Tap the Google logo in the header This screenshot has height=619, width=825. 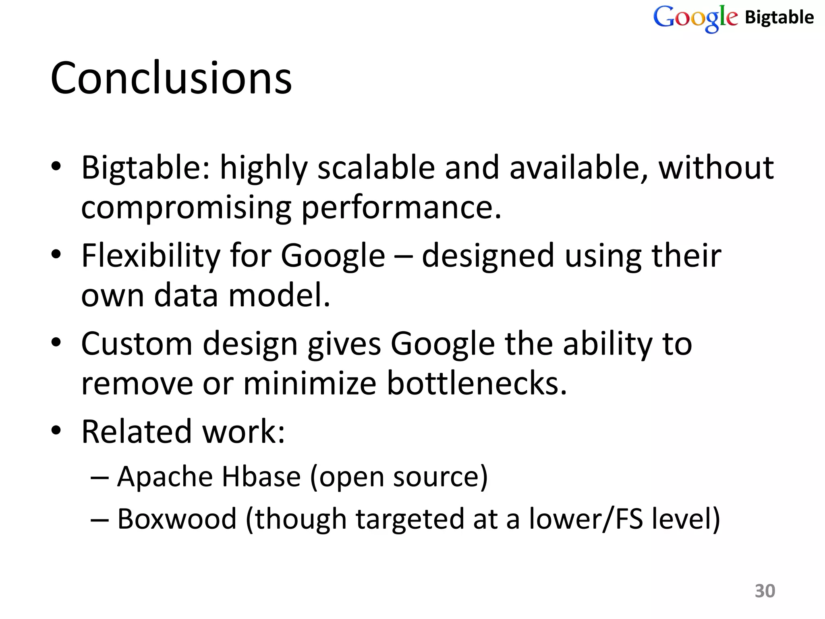tap(695, 18)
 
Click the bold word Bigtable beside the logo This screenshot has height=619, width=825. tap(779, 17)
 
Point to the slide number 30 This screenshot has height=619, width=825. tap(765, 591)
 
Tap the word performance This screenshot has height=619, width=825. tap(401, 208)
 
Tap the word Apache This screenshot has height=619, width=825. tap(165, 477)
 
